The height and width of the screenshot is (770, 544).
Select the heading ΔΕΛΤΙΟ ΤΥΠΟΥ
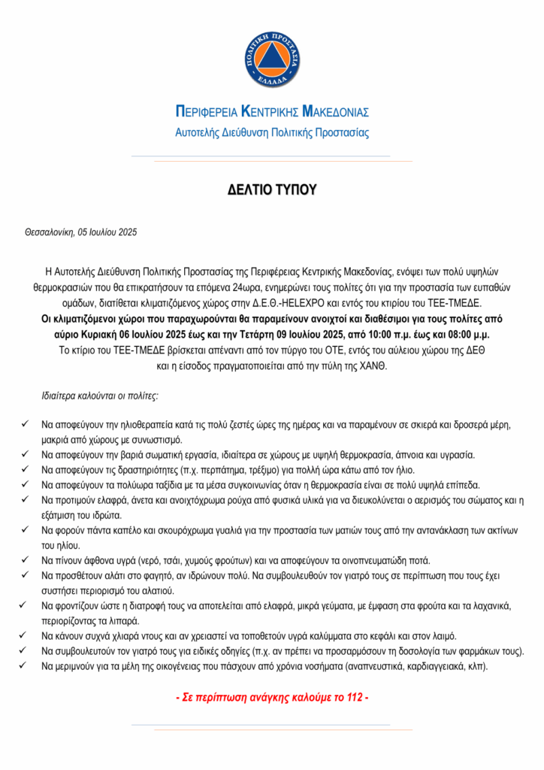click(272, 190)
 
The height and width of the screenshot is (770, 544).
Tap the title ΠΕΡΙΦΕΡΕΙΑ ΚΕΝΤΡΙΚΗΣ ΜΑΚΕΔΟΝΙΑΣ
click(272, 113)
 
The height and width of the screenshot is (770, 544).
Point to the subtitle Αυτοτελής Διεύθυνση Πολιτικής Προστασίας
click(272, 132)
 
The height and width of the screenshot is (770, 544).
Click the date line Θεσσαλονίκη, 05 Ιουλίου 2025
click(81, 233)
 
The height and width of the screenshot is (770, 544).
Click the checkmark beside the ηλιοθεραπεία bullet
click(26, 425)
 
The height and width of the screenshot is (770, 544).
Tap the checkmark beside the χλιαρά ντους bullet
click(26, 636)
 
